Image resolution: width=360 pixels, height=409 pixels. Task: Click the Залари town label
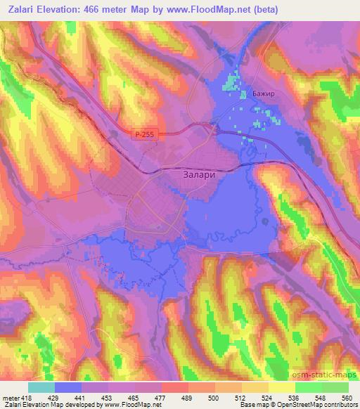pyautogui.click(x=193, y=178)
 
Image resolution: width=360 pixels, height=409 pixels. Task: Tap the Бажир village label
pyautogui.click(x=261, y=92)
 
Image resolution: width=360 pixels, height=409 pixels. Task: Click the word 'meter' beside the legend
pyautogui.click(x=10, y=397)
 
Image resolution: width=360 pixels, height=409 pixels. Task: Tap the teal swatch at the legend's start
pyautogui.click(x=41, y=387)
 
